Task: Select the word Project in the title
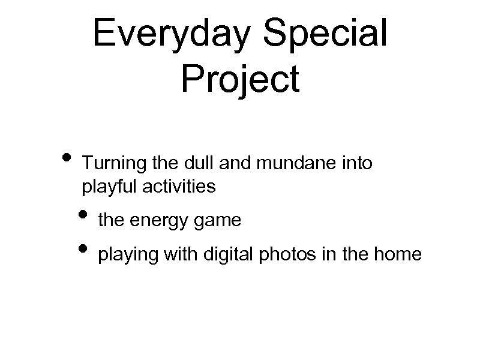(240, 79)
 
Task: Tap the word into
(358, 163)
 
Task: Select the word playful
(107, 187)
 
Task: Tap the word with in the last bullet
(173, 255)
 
